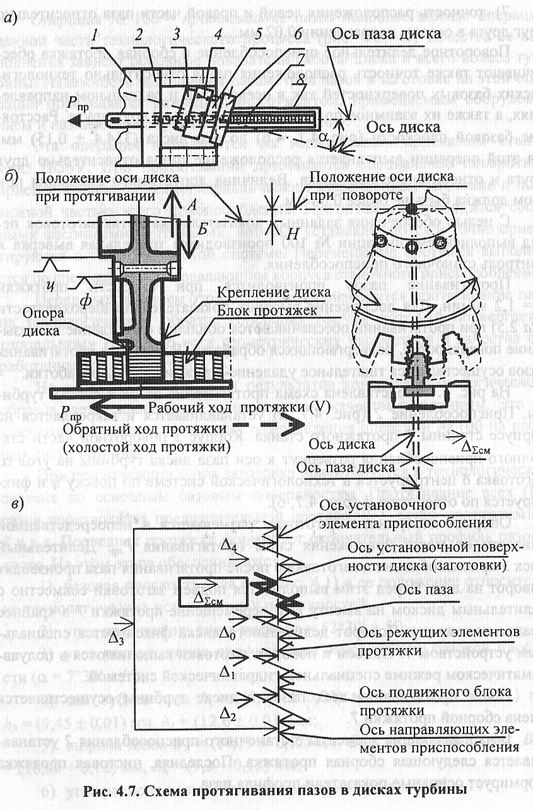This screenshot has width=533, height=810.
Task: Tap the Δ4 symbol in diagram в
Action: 229,547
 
